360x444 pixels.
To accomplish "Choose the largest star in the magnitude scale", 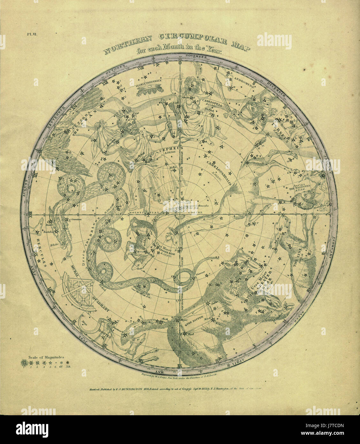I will coord(24,363).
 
